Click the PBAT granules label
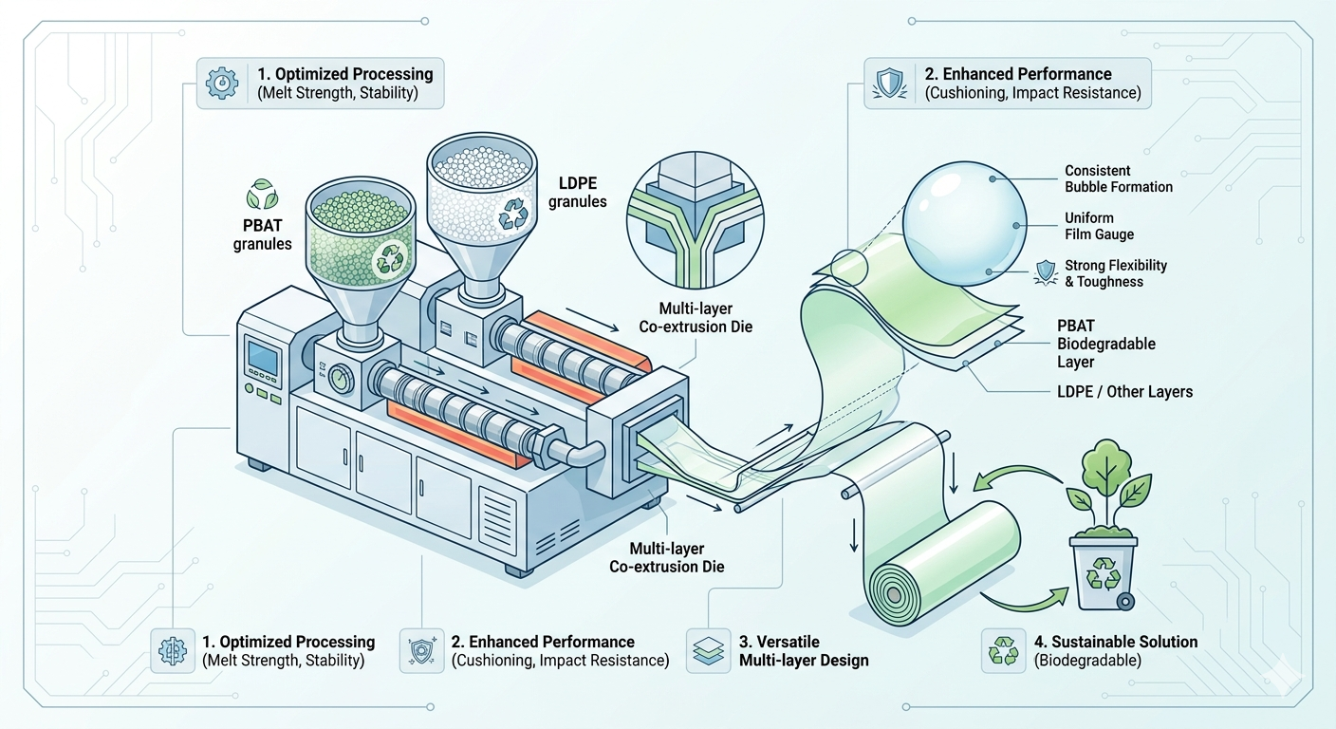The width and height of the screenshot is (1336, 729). click(262, 234)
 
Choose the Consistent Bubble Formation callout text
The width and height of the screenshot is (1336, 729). click(1118, 178)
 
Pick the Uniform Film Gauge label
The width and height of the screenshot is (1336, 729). click(1099, 226)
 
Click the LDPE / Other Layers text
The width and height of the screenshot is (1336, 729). click(1123, 391)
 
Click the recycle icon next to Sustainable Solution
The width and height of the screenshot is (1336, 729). click(1002, 650)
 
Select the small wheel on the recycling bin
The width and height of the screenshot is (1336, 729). click(1125, 601)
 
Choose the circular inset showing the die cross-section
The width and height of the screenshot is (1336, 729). click(686, 221)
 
